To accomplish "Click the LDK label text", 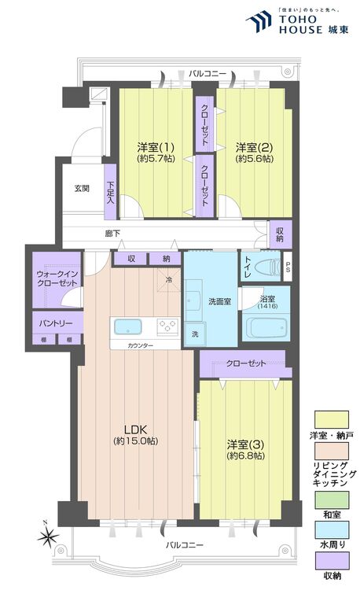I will [x=137, y=435].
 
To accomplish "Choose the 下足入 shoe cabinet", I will [x=110, y=190].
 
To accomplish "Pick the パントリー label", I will [x=55, y=323].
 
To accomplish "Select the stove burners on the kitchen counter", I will [x=167, y=326].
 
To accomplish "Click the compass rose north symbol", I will [x=50, y=538].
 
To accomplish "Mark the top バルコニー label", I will [x=208, y=73].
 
